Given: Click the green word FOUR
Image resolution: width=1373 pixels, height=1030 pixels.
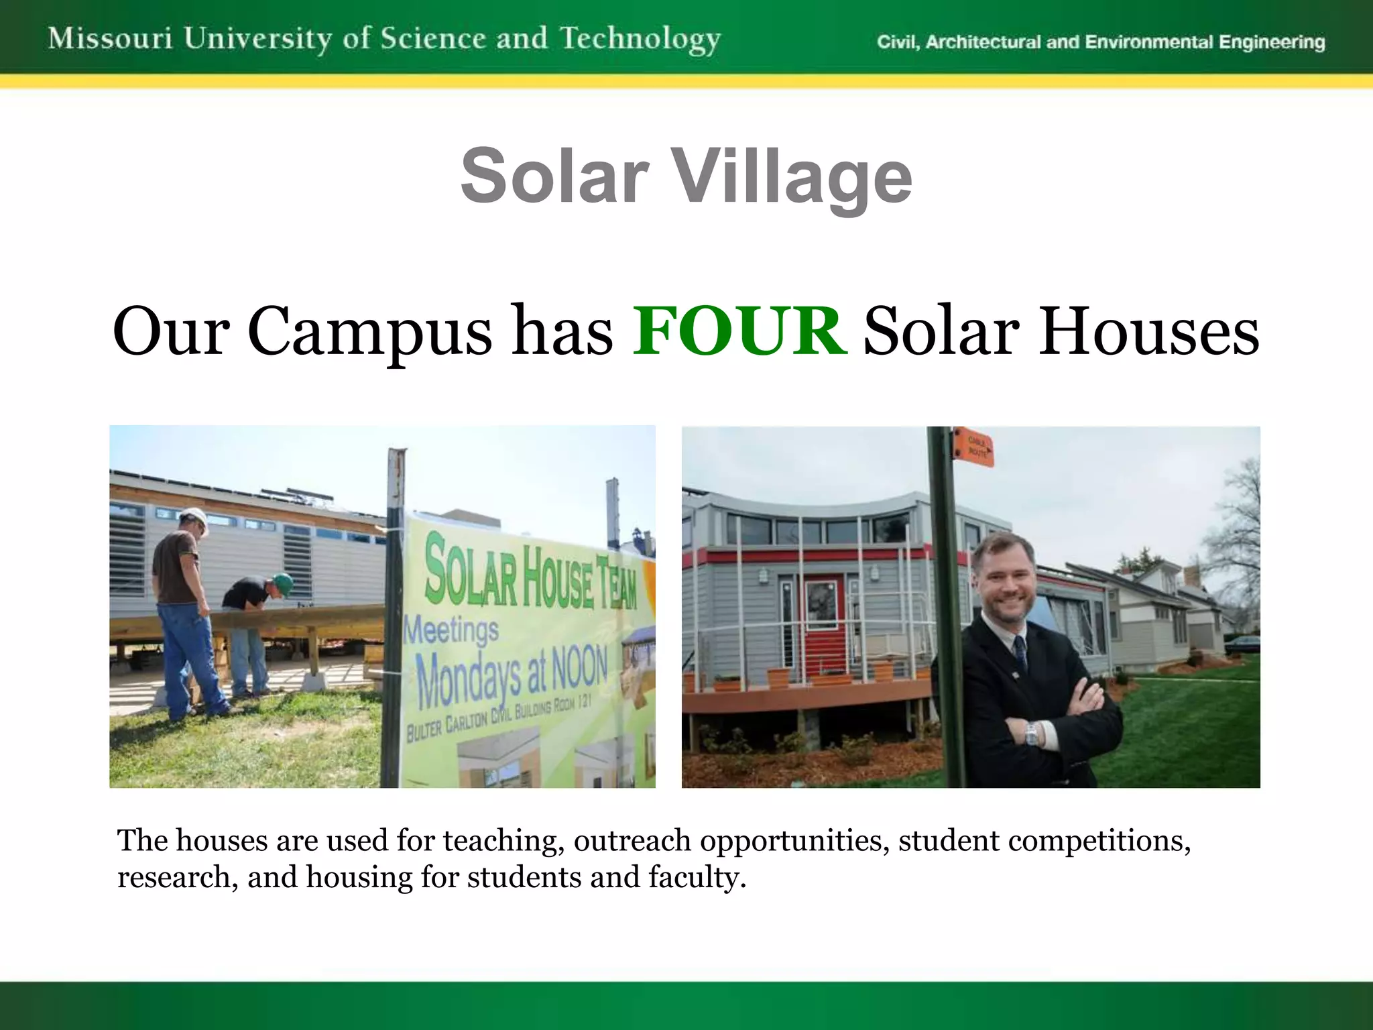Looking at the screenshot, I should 739,331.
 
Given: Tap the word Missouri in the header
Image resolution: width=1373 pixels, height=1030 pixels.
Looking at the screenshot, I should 111,38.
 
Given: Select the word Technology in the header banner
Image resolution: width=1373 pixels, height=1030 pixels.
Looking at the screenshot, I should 640,39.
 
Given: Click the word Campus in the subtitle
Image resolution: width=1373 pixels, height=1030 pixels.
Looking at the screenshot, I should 370,332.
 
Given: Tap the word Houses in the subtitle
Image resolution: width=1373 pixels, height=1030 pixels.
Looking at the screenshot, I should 1149,331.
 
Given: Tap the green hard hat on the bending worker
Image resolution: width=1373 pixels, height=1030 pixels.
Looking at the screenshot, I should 284,583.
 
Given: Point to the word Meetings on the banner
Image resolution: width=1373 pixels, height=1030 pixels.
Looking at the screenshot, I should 451,631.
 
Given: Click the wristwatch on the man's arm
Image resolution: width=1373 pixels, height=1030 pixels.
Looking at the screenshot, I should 1031,734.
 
